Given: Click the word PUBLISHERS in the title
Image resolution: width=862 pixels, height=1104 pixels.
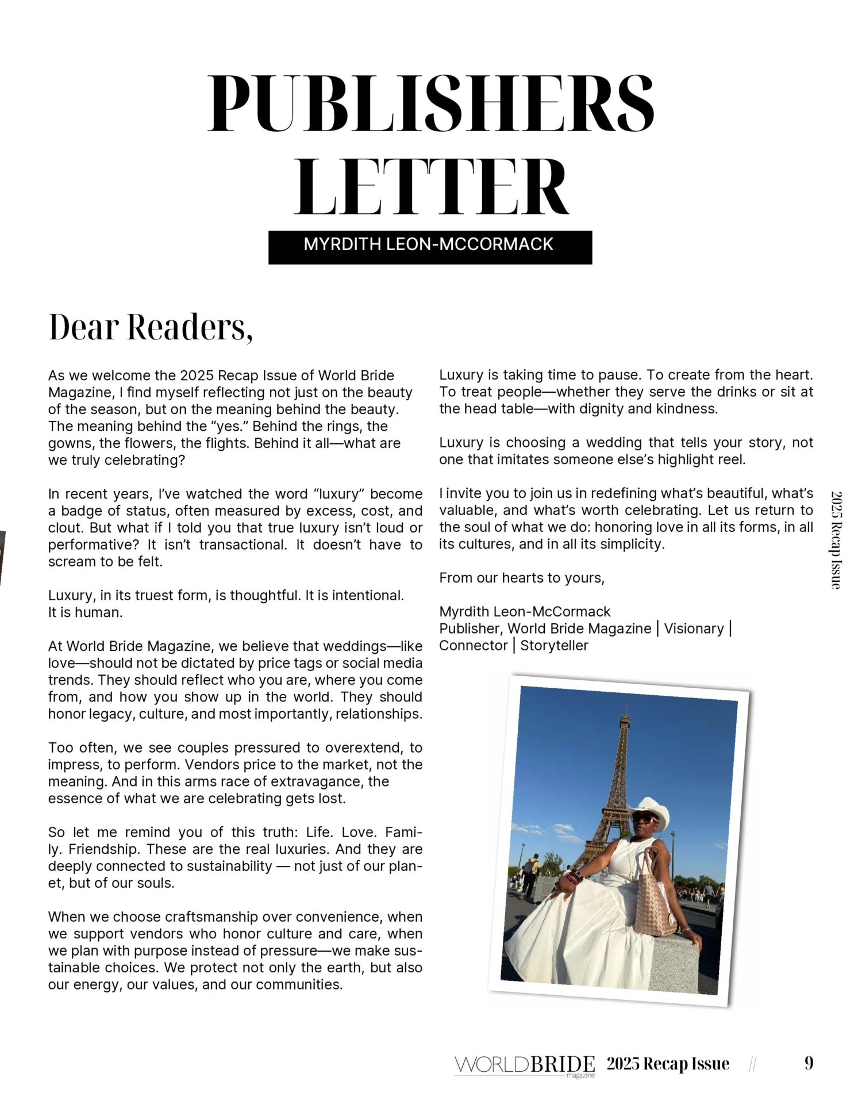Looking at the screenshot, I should click(x=431, y=103).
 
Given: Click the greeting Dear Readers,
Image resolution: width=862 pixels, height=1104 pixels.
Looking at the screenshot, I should click(x=151, y=327).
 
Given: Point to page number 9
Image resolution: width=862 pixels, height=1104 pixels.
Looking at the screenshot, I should click(x=809, y=1063).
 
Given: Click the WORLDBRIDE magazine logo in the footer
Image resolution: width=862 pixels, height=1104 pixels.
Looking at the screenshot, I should click(x=524, y=1065).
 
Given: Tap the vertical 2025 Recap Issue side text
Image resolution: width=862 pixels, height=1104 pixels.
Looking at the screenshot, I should click(x=836, y=539).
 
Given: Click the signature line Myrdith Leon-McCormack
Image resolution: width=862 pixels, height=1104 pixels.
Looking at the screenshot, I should click(x=524, y=612).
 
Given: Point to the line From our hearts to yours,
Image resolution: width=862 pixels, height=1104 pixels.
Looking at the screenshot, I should click(x=521, y=578).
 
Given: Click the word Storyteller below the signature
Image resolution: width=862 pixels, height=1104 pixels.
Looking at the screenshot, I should click(x=554, y=646).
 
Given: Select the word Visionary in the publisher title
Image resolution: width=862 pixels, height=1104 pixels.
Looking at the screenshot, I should click(x=694, y=628).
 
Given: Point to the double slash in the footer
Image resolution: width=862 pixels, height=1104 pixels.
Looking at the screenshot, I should click(x=753, y=1064).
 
